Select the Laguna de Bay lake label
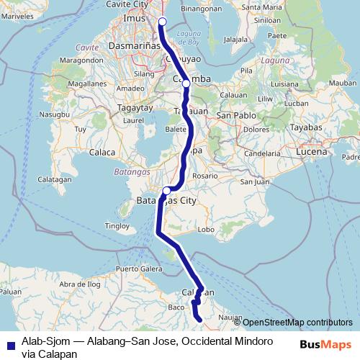point(188,37)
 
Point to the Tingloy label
point(117,225)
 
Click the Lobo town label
point(206,230)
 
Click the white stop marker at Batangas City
point(166,190)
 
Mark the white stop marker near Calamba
point(186,84)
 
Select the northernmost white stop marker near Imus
point(162,21)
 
